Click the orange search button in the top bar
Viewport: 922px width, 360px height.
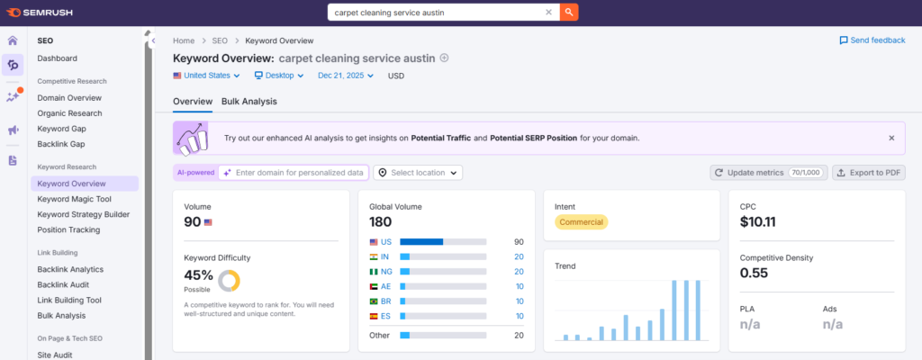[x=569, y=12]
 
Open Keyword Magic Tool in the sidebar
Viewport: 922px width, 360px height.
[x=74, y=199]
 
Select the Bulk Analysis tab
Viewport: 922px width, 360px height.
[x=249, y=101]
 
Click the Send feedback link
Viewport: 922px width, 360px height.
[x=872, y=40]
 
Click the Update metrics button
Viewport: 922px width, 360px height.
[x=769, y=173]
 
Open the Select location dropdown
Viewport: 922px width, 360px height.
[x=418, y=173]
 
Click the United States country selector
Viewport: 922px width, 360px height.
[x=206, y=76]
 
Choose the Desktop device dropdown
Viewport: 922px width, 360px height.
[x=279, y=76]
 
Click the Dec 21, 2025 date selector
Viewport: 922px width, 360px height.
[x=346, y=76]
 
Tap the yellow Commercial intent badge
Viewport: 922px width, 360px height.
[x=581, y=221]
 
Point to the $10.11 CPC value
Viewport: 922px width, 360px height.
[x=758, y=221]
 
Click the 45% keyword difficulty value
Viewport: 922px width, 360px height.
[x=199, y=275]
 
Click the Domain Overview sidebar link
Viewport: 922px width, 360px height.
[x=69, y=97]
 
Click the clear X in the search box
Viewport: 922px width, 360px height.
[x=548, y=12]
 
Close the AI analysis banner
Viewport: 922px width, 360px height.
[x=891, y=139]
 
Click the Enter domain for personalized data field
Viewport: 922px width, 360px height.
[x=294, y=173]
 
